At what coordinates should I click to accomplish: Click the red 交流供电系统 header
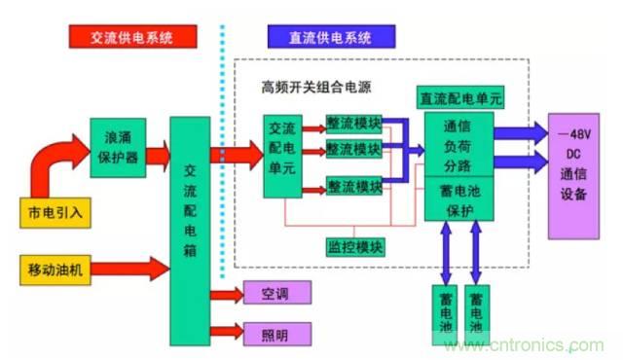[x=132, y=37]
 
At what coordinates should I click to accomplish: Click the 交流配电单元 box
[x=284, y=157]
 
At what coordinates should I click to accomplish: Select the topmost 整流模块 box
[x=353, y=126]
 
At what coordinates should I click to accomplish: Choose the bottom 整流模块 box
[x=353, y=185]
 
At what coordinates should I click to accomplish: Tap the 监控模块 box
[x=353, y=246]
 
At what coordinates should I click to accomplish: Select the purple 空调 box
[x=275, y=292]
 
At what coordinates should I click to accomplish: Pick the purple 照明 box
[x=275, y=334]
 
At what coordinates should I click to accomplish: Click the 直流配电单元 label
[x=459, y=98]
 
